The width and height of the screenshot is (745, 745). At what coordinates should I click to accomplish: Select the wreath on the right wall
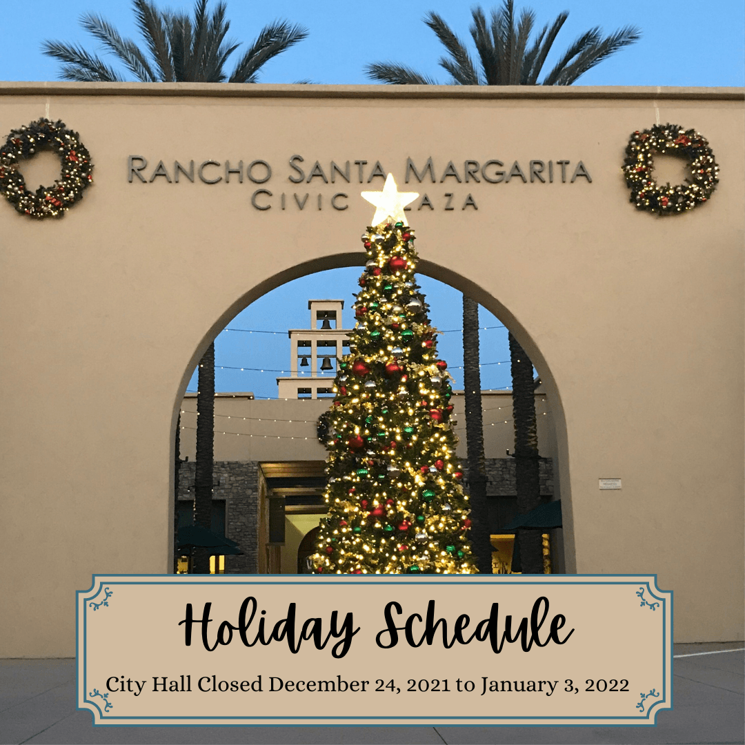(x=670, y=169)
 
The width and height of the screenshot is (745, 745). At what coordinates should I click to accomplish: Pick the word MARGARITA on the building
(x=498, y=170)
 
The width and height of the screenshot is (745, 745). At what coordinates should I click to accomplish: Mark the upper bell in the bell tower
(x=326, y=322)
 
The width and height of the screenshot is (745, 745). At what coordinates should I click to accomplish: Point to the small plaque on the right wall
(x=610, y=484)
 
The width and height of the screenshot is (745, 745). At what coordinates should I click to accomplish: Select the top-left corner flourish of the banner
(x=101, y=598)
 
